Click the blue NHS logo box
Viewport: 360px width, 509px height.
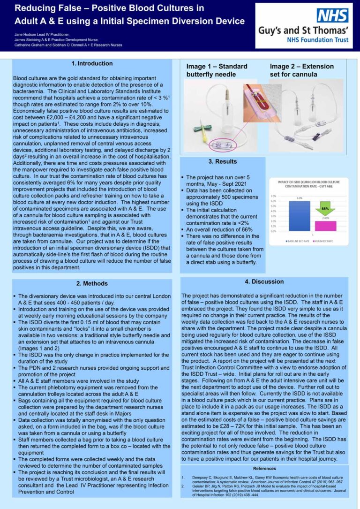[332, 15]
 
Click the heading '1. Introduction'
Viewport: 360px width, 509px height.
[92, 63]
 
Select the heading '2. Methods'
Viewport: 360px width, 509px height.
[92, 283]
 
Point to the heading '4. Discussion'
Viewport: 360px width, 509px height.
[264, 281]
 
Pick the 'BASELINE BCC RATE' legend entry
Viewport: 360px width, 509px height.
[296, 241]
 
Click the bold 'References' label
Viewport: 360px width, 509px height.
[264, 468]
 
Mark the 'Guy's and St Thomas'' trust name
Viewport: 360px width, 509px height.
[304, 31]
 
